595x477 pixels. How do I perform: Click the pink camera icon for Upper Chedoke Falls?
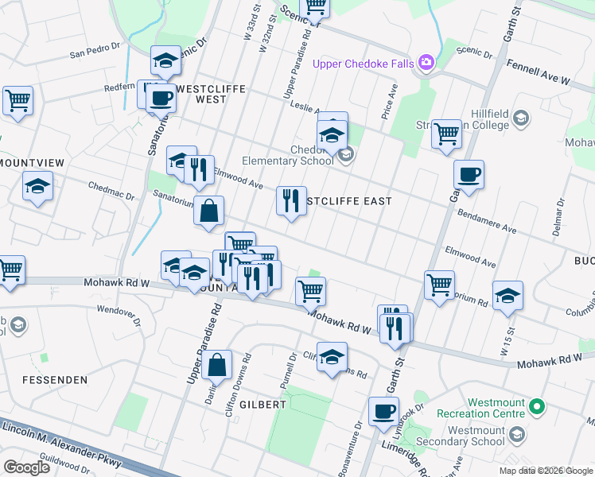point(427,62)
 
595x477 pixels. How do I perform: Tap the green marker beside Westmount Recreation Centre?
point(538,408)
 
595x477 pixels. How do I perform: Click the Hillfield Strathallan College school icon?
point(521,118)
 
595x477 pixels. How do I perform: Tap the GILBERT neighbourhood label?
point(259,404)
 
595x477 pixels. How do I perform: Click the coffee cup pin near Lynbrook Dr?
point(384,411)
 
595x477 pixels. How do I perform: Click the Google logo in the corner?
point(26,467)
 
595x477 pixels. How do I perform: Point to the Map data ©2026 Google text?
point(545,471)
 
